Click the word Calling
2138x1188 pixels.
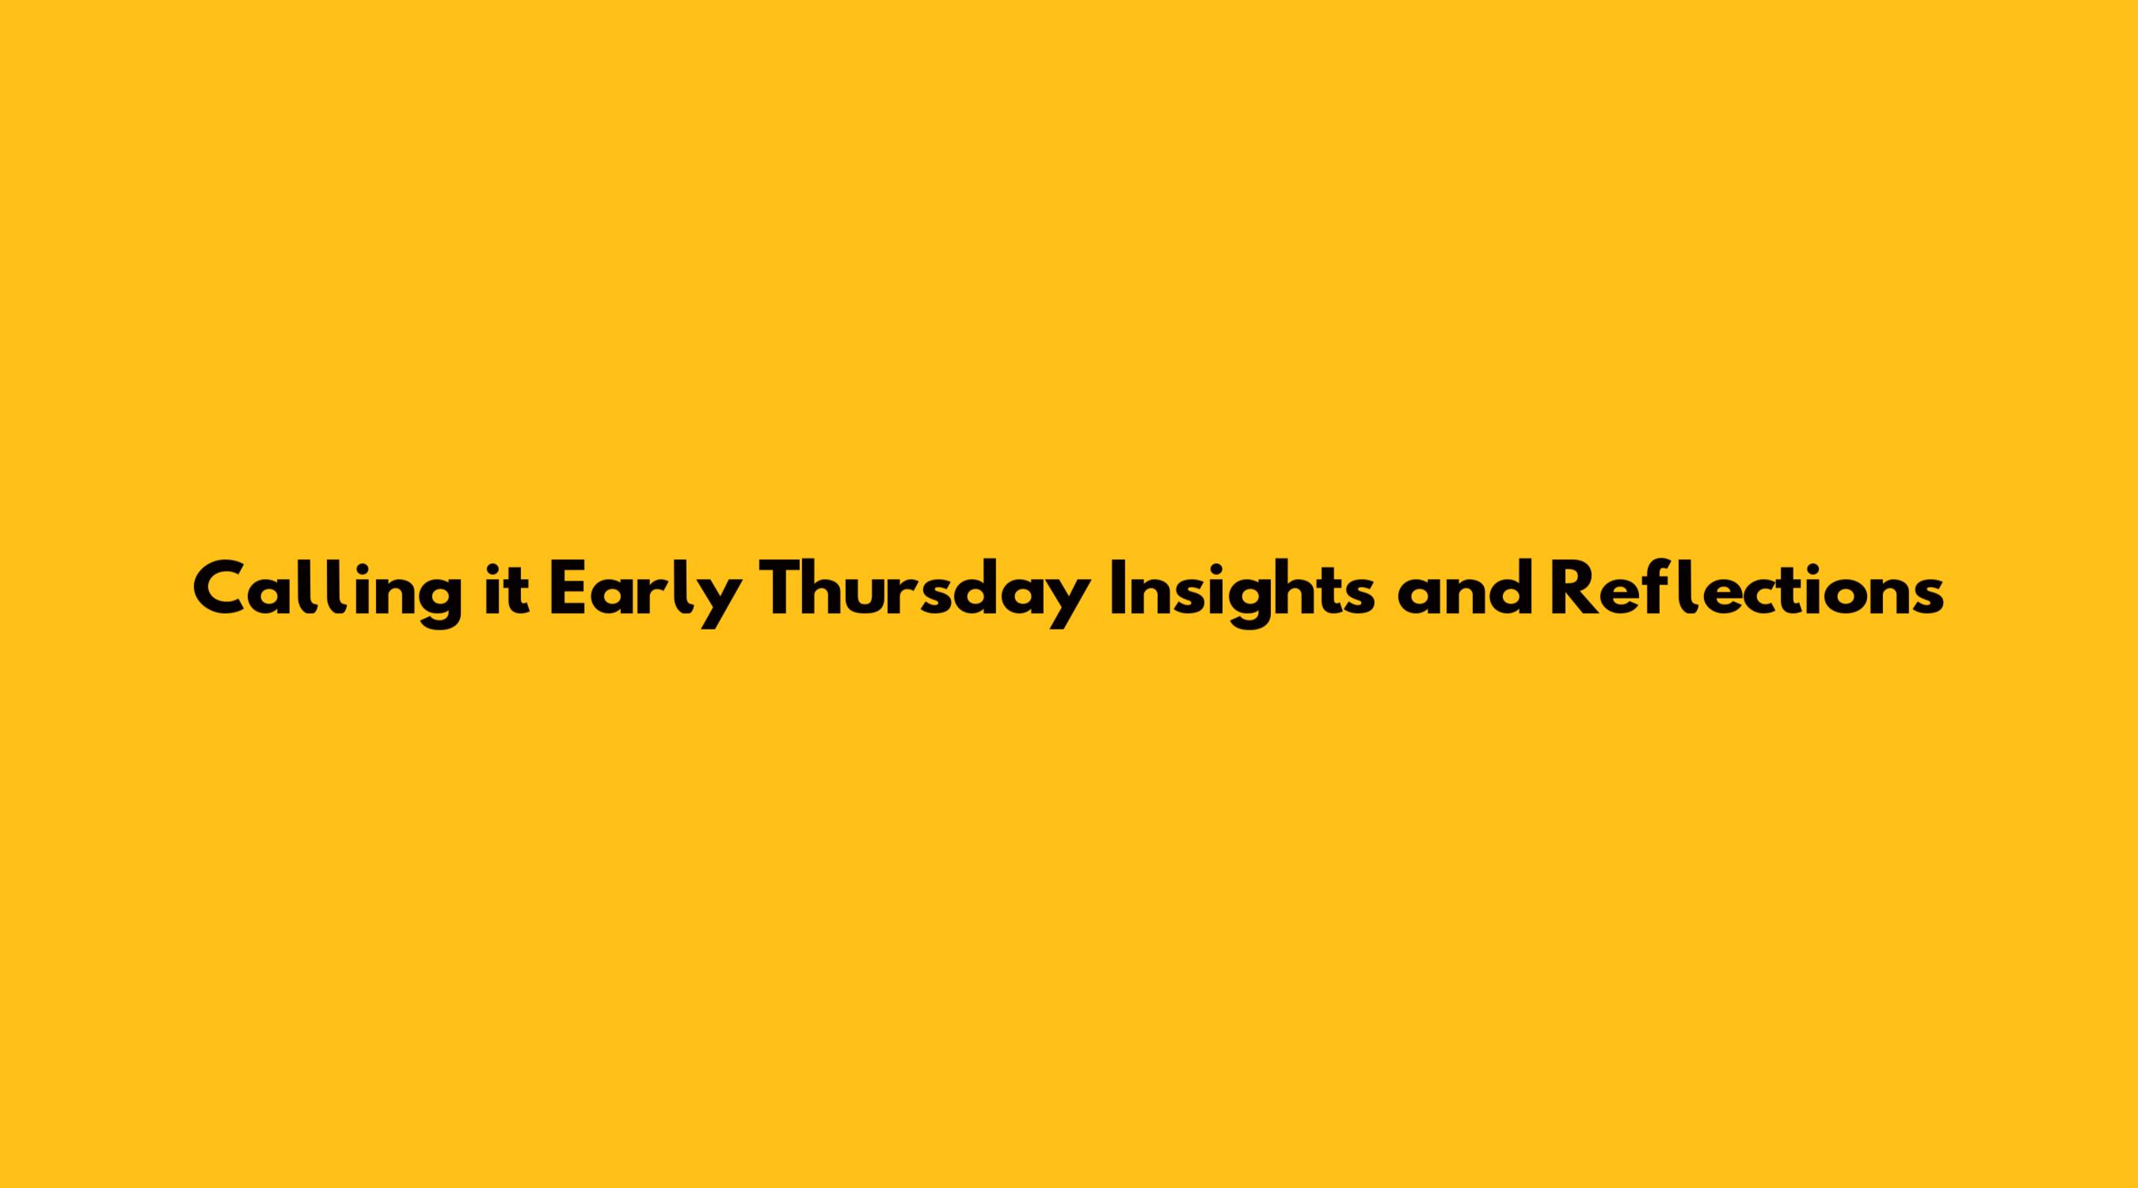327,593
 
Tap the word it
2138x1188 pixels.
507,590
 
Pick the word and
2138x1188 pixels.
1464,590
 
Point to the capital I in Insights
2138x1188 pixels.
1119,590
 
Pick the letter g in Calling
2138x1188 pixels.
437,604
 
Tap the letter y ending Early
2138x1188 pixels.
717,604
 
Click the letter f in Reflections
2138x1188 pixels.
1658,589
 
